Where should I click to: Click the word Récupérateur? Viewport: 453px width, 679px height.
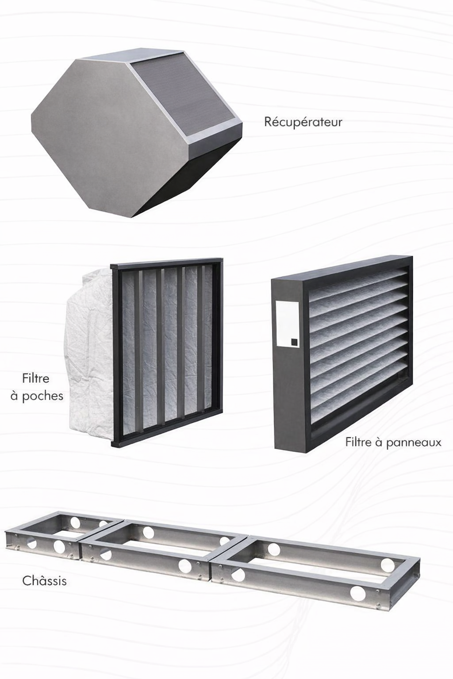coord(303,122)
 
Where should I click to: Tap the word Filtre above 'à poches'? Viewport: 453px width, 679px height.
coord(35,378)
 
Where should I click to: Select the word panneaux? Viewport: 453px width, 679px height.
coord(414,443)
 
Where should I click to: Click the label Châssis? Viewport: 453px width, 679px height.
coord(44,581)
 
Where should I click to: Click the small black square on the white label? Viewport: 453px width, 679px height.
coord(294,342)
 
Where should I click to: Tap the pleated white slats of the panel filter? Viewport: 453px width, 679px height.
coord(358,343)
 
